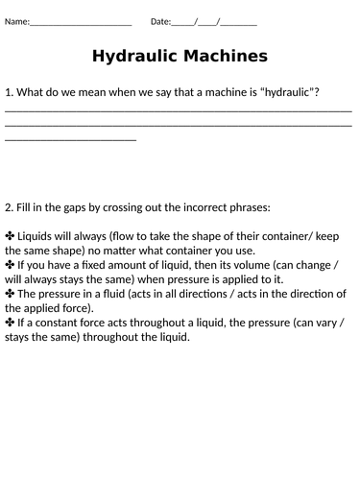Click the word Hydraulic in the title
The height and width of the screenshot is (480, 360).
(x=135, y=57)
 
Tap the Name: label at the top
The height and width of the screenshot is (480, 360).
(x=17, y=20)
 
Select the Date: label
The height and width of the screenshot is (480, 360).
(x=160, y=20)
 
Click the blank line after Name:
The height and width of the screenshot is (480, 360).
(x=81, y=21)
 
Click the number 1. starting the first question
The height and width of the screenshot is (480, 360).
(x=9, y=92)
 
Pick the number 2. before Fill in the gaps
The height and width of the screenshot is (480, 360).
(x=9, y=206)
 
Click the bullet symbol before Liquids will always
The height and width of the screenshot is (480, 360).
(x=11, y=235)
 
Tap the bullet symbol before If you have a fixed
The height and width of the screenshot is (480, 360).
(x=11, y=264)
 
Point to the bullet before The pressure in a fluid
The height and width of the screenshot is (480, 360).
(x=11, y=293)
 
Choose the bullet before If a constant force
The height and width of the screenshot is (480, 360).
(x=11, y=323)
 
